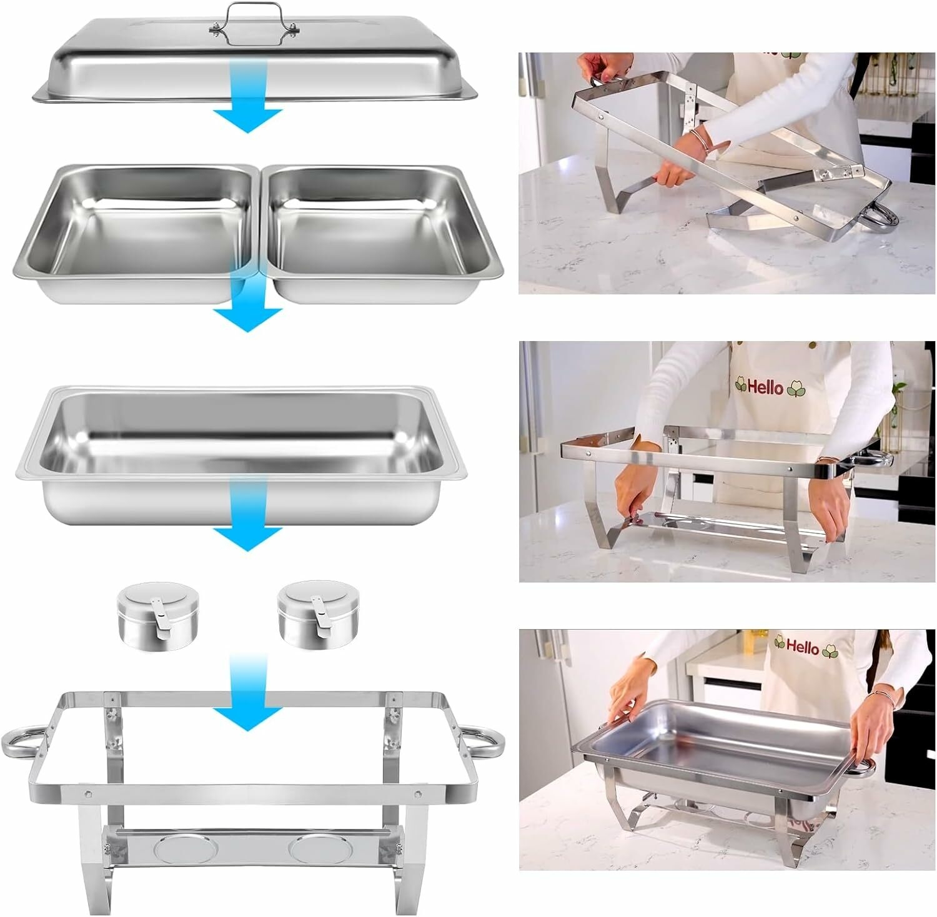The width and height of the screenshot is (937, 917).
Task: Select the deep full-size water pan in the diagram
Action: (x=240, y=453)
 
